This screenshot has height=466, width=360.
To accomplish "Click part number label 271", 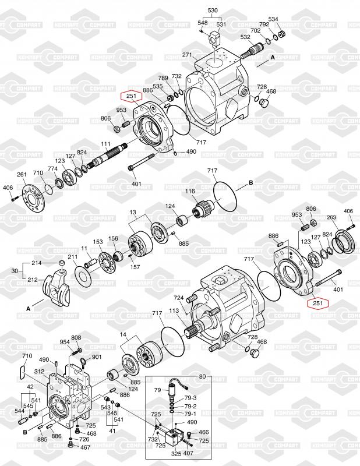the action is (x=187, y=55).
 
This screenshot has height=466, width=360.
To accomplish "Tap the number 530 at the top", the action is (x=213, y=10).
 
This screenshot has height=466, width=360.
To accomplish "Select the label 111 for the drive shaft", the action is (x=106, y=144).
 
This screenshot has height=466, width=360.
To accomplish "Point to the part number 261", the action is (x=22, y=174).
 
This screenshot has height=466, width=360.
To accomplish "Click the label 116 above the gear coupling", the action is (x=190, y=191).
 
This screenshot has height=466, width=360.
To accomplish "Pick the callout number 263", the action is (x=331, y=217).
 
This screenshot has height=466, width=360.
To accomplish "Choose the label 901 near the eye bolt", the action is (x=97, y=357).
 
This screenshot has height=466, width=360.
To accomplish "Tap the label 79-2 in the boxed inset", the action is (x=190, y=406).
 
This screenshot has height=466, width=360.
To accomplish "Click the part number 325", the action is (x=177, y=454).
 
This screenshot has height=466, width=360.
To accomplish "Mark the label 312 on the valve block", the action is (x=39, y=372).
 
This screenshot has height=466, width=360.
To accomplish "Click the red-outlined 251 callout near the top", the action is (x=132, y=96).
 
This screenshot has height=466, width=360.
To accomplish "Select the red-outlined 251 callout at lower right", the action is (x=318, y=303).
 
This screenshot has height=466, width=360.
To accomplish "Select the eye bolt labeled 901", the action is (x=83, y=362).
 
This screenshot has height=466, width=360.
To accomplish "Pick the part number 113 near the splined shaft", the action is (x=174, y=310).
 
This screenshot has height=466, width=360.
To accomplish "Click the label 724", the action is (x=179, y=298).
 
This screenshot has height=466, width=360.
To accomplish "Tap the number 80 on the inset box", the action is (x=202, y=376).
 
